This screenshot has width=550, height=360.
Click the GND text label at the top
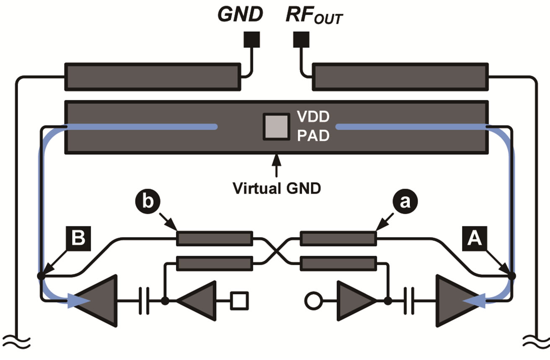(240, 15)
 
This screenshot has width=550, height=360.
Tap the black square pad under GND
(252, 40)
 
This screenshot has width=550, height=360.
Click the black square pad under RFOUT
(301, 40)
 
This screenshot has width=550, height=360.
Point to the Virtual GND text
(276, 188)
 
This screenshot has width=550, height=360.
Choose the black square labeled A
(474, 238)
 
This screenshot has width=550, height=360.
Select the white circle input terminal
(312, 300)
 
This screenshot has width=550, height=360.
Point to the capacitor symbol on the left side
(144, 300)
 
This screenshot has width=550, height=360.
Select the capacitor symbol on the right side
(409, 300)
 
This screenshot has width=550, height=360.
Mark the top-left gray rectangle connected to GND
(152, 77)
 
